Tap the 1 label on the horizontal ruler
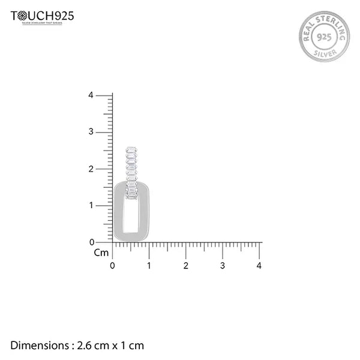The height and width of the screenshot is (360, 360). click(x=149, y=265)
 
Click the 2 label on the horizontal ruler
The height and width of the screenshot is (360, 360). click(x=186, y=265)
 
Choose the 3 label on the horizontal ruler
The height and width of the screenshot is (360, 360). click(x=223, y=265)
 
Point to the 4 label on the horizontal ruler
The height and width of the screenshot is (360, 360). click(x=259, y=265)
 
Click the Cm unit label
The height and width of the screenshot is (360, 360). click(x=101, y=253)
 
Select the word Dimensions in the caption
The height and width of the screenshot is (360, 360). click(x=40, y=346)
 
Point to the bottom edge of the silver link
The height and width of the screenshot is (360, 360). click(x=131, y=238)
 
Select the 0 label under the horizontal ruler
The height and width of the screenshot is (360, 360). click(x=113, y=265)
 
